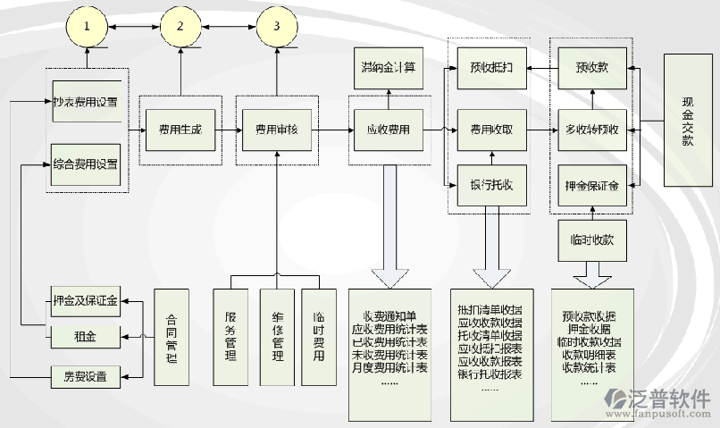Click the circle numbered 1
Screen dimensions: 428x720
(x=87, y=26)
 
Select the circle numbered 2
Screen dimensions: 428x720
(x=181, y=26)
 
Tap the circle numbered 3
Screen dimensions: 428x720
(x=277, y=26)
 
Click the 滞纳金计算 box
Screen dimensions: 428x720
(x=389, y=67)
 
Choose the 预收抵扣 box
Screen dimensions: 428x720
(x=490, y=67)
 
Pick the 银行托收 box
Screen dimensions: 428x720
(x=490, y=185)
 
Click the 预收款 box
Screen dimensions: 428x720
(x=592, y=67)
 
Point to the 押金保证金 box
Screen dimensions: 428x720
(x=592, y=187)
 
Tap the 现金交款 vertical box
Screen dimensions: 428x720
(x=688, y=119)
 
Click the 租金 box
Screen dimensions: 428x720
(x=86, y=336)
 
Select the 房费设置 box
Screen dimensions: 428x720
(x=86, y=375)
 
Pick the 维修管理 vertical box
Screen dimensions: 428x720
(x=277, y=338)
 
